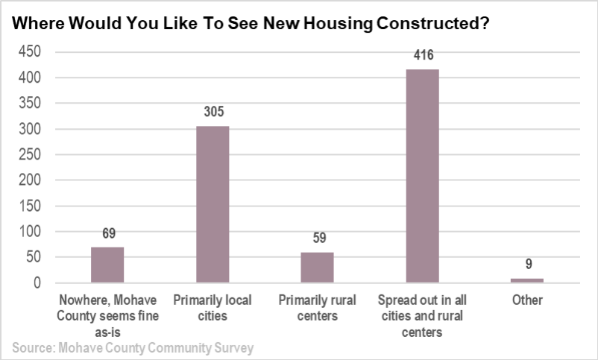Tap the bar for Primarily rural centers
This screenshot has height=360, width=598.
click(317, 268)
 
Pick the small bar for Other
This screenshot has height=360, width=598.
click(527, 280)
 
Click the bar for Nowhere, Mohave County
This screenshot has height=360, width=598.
click(107, 265)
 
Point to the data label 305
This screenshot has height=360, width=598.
click(213, 113)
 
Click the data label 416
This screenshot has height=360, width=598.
click(422, 56)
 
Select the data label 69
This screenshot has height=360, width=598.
click(108, 234)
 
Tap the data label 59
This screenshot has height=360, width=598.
click(318, 239)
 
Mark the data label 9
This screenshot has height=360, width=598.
click(527, 265)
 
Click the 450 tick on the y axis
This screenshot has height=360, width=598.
click(30, 51)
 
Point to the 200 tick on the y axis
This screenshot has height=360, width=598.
click(30, 180)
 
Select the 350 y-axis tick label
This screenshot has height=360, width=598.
click(30, 103)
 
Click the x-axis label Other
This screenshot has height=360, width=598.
click(527, 300)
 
